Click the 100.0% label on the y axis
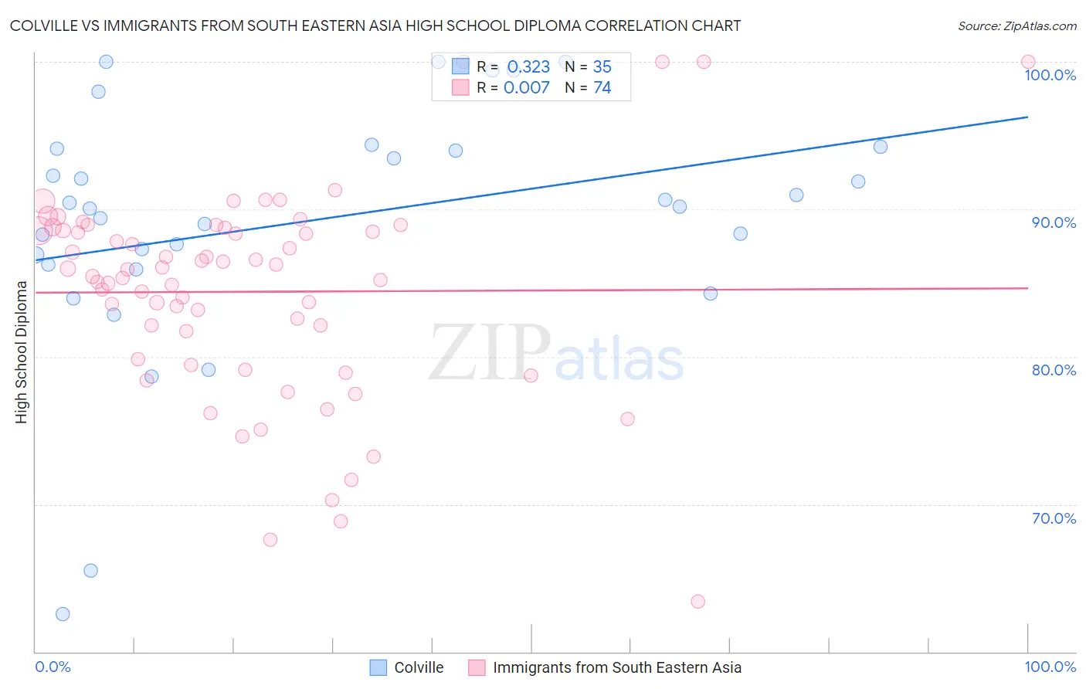pyautogui.click(x=1050, y=75)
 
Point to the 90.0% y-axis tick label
pyautogui.click(x=1054, y=222)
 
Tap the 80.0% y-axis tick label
pyautogui.click(x=1054, y=370)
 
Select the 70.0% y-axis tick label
pyautogui.click(x=1054, y=518)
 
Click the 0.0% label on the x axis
pyautogui.click(x=53, y=667)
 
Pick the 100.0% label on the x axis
pyautogui.click(x=1050, y=667)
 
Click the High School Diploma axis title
pyautogui.click(x=22, y=351)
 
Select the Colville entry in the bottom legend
pyautogui.click(x=419, y=667)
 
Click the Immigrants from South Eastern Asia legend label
pyautogui.click(x=616, y=667)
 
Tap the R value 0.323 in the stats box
pyautogui.click(x=528, y=67)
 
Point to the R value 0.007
pyautogui.click(x=527, y=88)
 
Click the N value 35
pyautogui.click(x=602, y=67)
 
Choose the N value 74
pyautogui.click(x=602, y=88)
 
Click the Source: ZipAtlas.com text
pyautogui.click(x=1016, y=26)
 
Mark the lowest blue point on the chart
pyautogui.click(x=63, y=614)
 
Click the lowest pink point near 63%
pyautogui.click(x=698, y=602)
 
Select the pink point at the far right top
pyautogui.click(x=1028, y=62)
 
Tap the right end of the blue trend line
pyautogui.click(x=1027, y=117)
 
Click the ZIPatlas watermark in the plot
pyautogui.click(x=556, y=354)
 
